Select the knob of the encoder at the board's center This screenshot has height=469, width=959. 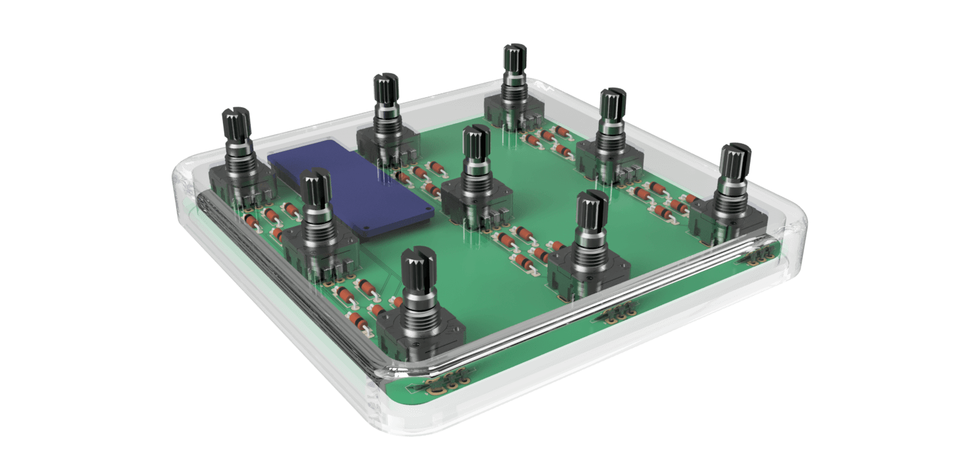pyautogui.click(x=476, y=146)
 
